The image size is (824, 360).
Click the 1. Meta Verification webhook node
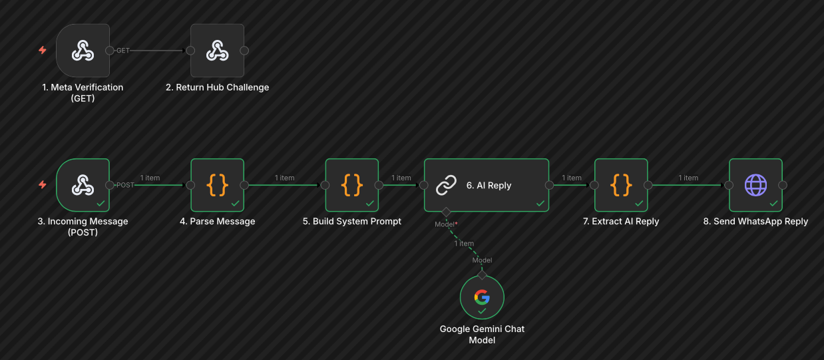83,51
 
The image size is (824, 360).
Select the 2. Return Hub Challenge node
217,51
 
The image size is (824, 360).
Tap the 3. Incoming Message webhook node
83,185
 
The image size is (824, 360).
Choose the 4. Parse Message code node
217,185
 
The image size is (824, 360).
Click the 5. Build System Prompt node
351,185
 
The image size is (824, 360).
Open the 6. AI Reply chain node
487,185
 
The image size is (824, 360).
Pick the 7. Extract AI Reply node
621,185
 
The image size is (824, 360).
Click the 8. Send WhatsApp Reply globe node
755,185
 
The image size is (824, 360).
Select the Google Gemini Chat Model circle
482,297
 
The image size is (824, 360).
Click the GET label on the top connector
123,51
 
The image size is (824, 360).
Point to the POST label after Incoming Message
125,185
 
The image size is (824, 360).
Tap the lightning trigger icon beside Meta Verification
43,50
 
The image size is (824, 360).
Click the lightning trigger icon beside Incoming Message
43,184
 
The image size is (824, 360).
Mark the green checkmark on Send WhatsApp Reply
773,203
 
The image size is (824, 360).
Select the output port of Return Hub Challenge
244,51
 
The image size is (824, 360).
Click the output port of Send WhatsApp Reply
783,185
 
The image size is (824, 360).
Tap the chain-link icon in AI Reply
445,186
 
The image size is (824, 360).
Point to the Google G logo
482,297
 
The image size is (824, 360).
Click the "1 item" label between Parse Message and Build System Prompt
285,178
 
